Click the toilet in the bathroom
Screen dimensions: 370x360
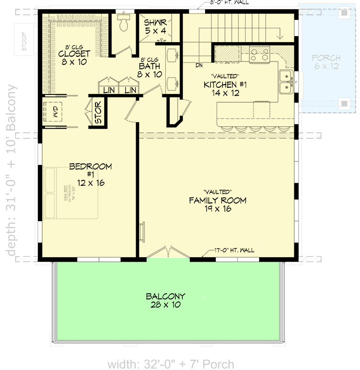click(124, 23)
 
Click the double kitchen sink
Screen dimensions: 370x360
click(286, 81)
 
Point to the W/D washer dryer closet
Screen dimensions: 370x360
click(55, 111)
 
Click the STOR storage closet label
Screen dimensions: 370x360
click(99, 113)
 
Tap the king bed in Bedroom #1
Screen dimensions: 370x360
click(72, 193)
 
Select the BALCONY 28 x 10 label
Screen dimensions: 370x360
click(165, 301)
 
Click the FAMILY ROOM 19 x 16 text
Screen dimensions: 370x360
click(217, 204)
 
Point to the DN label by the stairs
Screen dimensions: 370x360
click(199, 65)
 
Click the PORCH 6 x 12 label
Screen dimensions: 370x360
click(326, 62)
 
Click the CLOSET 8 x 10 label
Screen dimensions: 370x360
click(74, 57)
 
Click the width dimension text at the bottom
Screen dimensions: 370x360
click(171, 364)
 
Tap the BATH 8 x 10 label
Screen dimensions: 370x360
click(150, 70)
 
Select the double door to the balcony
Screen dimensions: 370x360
click(168, 253)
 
